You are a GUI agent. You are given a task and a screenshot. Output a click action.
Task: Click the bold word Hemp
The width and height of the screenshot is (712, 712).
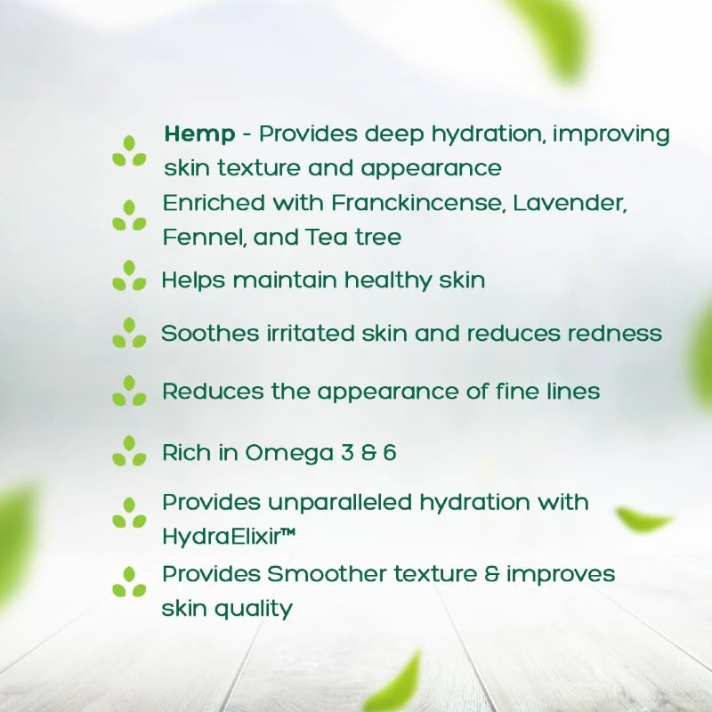click(x=199, y=134)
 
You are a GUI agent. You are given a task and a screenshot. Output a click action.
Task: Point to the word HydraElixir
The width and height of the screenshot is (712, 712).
click(x=228, y=537)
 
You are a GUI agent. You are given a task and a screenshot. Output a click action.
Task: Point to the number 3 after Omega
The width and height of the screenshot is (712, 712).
click(x=348, y=453)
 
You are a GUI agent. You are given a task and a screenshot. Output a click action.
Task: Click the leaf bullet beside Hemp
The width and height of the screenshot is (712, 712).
click(x=129, y=152)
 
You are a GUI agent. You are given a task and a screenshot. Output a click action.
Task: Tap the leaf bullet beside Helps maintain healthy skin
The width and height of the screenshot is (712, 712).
click(x=129, y=277)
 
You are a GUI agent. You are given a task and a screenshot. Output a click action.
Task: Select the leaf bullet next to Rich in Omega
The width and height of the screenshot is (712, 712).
click(x=129, y=451)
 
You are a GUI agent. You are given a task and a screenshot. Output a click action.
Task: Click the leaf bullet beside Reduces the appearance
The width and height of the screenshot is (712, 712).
click(x=129, y=392)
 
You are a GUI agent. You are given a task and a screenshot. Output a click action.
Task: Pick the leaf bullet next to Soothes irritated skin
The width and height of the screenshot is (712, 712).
click(x=129, y=334)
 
